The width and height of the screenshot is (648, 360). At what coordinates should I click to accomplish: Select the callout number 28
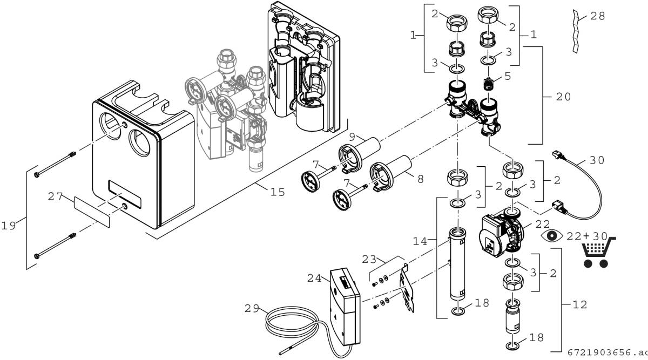(x=597, y=16)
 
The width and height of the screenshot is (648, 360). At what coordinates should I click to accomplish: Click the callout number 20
(x=562, y=97)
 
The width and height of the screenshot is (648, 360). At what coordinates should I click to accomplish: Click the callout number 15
(x=278, y=192)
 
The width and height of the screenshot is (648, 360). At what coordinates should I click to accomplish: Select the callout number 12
(x=580, y=304)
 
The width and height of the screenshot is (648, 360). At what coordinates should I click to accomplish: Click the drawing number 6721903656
(x=606, y=352)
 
